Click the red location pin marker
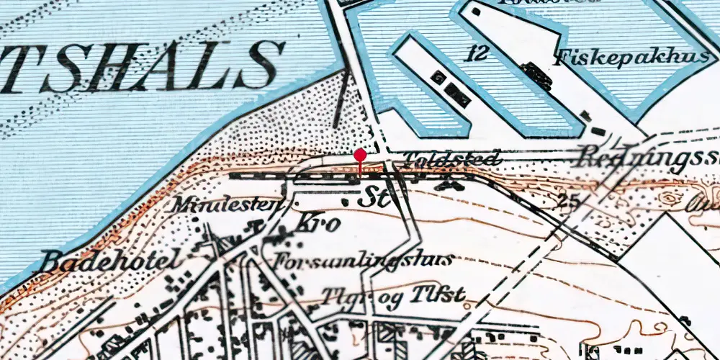click(360, 156)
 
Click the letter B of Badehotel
click(50, 260)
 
